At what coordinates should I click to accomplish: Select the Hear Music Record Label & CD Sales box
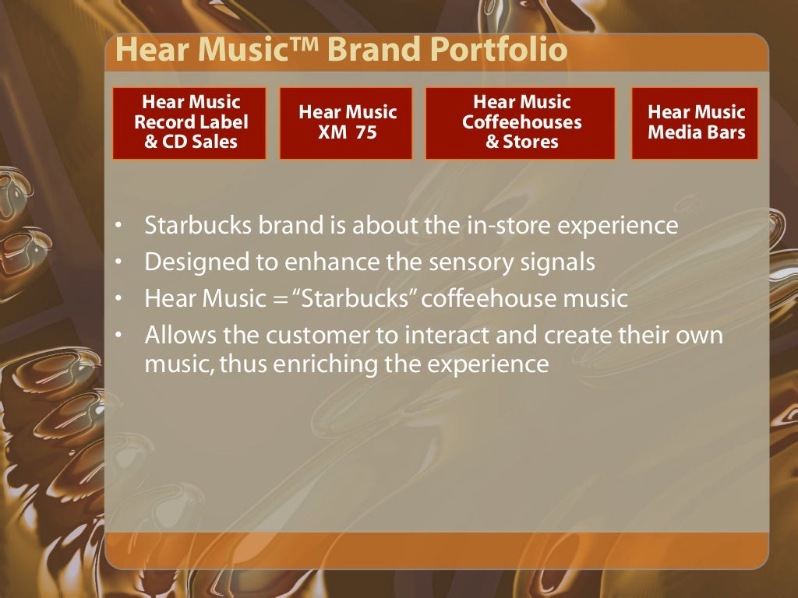(x=190, y=123)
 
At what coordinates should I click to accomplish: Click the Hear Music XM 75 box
(x=347, y=123)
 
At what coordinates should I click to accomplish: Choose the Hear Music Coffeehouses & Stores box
(x=521, y=123)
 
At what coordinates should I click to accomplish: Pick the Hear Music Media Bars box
(x=696, y=123)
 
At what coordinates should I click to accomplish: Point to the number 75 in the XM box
(x=362, y=132)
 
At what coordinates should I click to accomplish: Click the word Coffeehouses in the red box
(x=521, y=122)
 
